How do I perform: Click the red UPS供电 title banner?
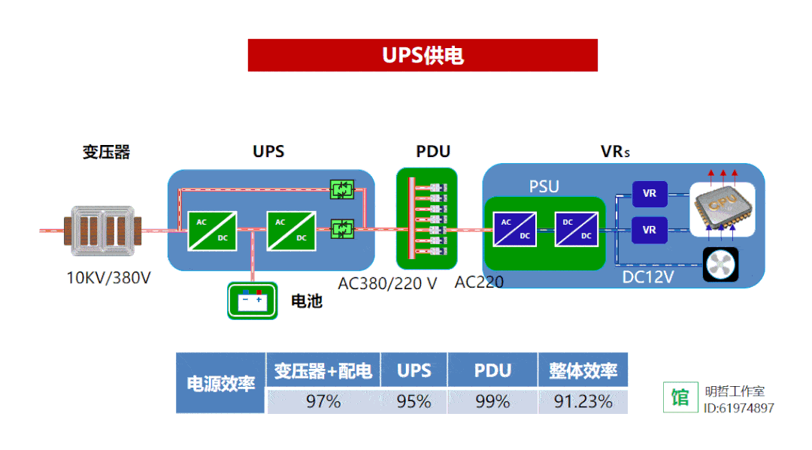coord(423,56)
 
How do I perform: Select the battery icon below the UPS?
coord(252,300)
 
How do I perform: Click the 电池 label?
coord(307,301)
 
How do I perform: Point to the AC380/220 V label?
coord(387,283)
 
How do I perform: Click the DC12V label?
coord(647,277)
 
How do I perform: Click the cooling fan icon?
coord(720,264)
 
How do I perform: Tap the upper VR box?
coord(650,194)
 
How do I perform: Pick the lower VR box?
coord(650,230)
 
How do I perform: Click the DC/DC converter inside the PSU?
coord(577,229)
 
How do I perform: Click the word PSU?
coord(544,186)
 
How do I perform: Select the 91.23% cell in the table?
coord(583,401)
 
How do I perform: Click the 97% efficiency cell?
coord(323,401)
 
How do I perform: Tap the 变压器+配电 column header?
coord(323,370)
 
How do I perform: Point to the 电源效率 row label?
coord(221,383)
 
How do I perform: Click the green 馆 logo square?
coord(680,397)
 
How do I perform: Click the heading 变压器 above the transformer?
coord(106,153)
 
